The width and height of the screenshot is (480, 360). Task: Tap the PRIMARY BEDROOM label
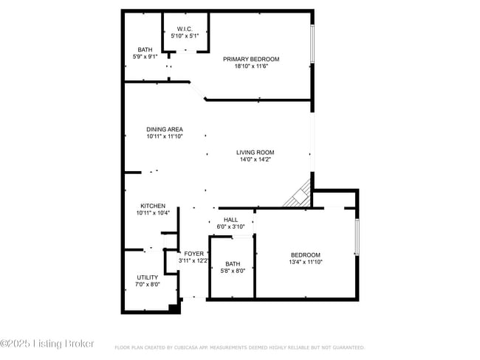[x=252, y=59]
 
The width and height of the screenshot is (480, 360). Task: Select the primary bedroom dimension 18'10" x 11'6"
[x=252, y=66]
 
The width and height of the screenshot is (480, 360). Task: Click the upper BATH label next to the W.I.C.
[x=145, y=50]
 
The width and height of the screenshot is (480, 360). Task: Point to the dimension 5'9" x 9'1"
[x=145, y=57]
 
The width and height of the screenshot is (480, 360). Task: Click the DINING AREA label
[x=164, y=129]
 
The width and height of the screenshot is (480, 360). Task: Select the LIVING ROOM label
[x=256, y=152]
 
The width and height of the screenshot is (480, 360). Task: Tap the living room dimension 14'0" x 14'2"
[x=256, y=159]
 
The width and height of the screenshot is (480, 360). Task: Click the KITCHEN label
[x=153, y=206]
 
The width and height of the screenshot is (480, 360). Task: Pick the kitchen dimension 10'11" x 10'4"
[x=153, y=213]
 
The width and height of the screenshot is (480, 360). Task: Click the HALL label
[x=231, y=220]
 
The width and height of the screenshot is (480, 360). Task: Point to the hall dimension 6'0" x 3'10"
[x=231, y=227]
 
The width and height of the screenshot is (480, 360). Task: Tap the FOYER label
[x=193, y=254]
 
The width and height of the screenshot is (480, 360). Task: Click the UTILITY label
[x=147, y=277]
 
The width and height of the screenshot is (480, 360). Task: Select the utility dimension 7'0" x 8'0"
[x=147, y=285]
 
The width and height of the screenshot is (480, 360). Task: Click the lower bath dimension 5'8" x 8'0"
[x=233, y=271]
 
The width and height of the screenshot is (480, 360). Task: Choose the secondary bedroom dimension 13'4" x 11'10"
[x=306, y=261]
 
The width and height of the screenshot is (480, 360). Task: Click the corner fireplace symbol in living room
[x=299, y=195]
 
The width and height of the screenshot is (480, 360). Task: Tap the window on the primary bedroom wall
[x=312, y=44]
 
